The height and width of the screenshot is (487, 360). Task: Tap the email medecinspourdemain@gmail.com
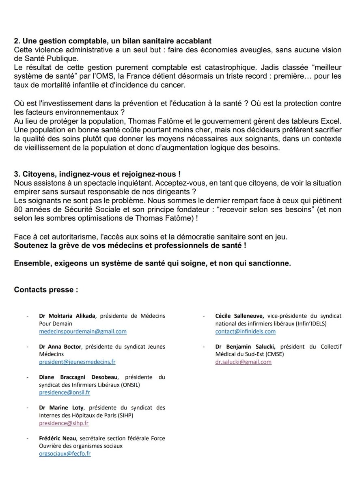(x=83, y=331)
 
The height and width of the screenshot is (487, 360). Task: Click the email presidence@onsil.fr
(x=65, y=393)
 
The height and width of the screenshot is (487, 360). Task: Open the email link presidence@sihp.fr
(x=64, y=423)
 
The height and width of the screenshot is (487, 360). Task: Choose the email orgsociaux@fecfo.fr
(x=65, y=454)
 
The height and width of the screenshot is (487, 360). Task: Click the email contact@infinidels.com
(x=246, y=331)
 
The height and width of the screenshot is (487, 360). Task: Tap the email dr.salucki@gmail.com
(x=244, y=362)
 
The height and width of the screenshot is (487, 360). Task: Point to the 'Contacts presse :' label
(x=46, y=290)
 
